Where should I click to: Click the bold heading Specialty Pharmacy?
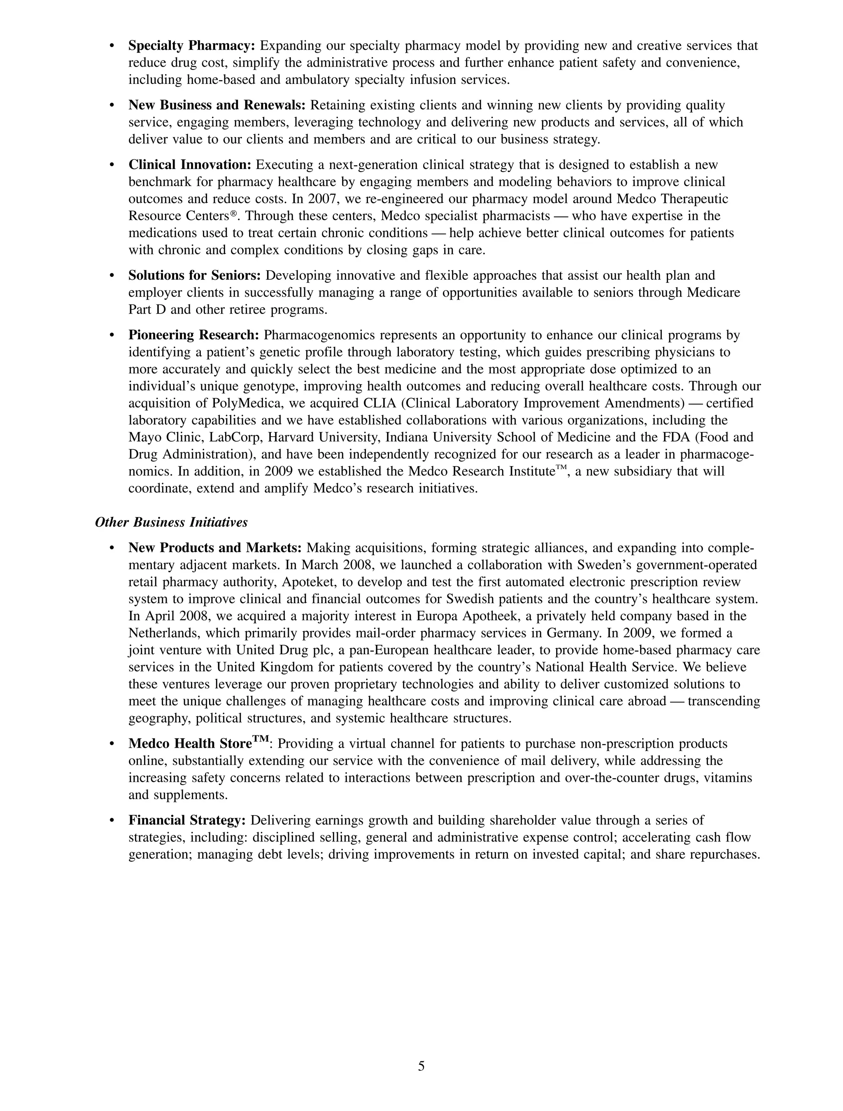[x=192, y=46]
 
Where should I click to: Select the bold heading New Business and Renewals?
[x=217, y=105]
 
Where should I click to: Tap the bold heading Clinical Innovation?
[x=189, y=165]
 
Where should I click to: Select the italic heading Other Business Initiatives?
[x=171, y=522]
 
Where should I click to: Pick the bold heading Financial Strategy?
[x=187, y=820]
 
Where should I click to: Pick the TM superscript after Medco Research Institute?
[x=562, y=469]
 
